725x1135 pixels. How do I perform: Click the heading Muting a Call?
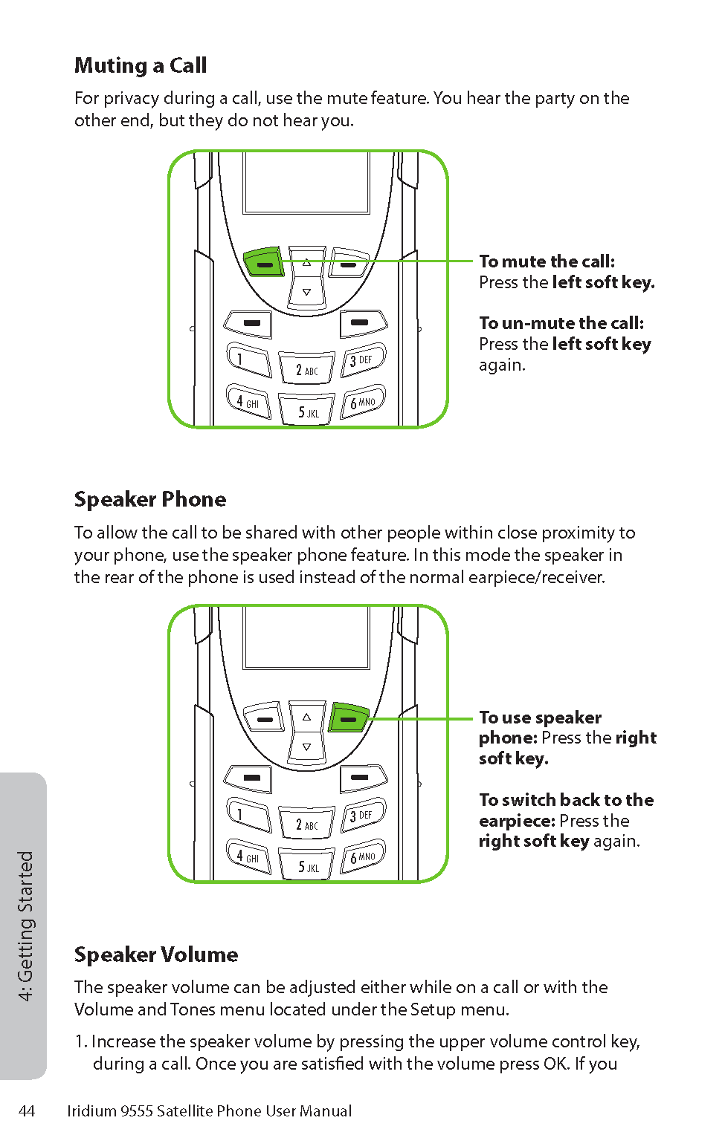tap(141, 66)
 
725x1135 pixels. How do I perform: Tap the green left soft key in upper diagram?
tap(263, 262)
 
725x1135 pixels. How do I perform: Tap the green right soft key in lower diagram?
tap(349, 718)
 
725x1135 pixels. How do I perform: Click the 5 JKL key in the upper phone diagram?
tap(306, 411)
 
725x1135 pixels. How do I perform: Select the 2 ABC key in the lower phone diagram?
tap(306, 823)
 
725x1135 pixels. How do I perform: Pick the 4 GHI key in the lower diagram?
tap(248, 856)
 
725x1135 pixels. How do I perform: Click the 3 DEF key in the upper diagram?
tap(362, 360)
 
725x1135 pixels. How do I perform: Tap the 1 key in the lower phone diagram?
tap(248, 815)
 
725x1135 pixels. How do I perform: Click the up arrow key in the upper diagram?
tap(306, 261)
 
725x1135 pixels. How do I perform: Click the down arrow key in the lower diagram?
tap(306, 747)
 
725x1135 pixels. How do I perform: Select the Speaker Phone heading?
tap(150, 500)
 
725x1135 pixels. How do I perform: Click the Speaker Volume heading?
tap(156, 955)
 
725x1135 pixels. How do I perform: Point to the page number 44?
tap(27, 1111)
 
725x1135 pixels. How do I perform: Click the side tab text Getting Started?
tap(26, 926)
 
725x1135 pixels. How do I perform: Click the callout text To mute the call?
tap(547, 261)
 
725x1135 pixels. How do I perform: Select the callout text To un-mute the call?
tap(561, 323)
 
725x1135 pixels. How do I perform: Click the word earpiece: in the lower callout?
tap(517, 821)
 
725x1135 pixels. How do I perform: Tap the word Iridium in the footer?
tap(91, 1111)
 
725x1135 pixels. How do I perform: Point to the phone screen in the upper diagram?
tap(306, 183)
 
